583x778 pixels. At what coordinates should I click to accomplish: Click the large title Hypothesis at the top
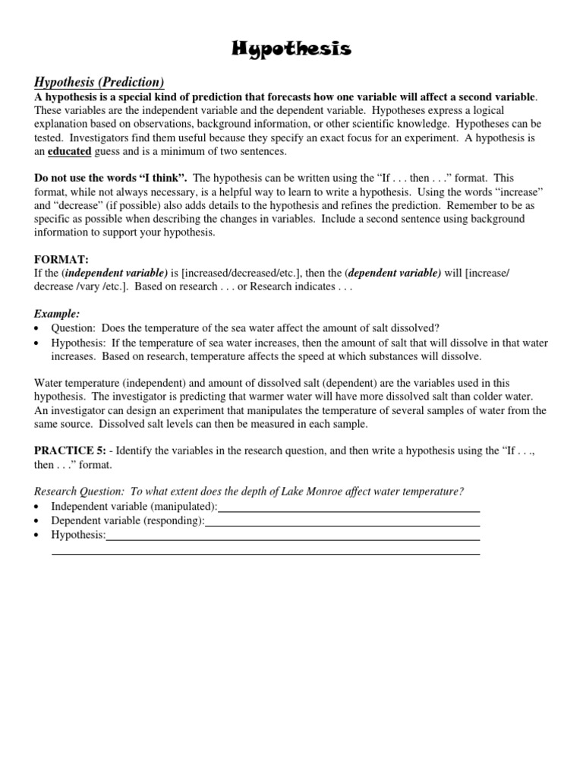[x=291, y=50]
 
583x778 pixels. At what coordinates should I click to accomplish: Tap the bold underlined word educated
[x=70, y=151]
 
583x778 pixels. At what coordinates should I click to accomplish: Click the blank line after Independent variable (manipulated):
[x=348, y=508]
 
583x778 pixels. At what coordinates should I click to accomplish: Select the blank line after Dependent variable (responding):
[x=342, y=522]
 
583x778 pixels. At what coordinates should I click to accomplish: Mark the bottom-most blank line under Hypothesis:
[x=265, y=553]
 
